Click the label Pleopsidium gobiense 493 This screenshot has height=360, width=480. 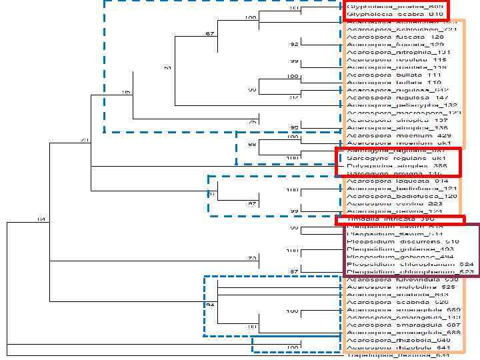coord(399,249)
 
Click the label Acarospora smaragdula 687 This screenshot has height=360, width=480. coord(404,325)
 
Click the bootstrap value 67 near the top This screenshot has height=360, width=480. coord(209,33)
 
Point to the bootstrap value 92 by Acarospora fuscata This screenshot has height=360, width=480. coord(293,45)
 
